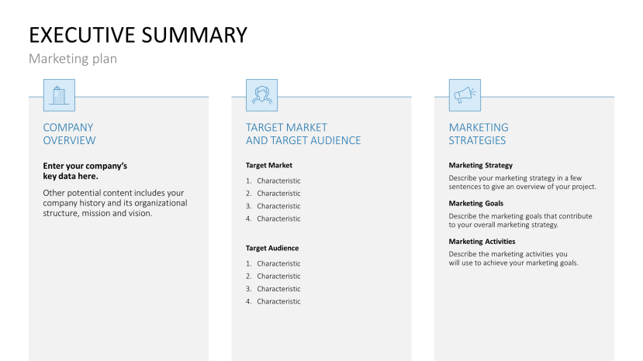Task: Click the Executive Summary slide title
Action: (138, 35)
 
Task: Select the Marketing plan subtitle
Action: (73, 59)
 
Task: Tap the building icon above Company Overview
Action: (59, 95)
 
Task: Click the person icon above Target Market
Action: (261, 95)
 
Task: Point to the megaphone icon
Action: (465, 95)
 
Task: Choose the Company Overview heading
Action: (69, 134)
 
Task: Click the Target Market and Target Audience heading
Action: (303, 134)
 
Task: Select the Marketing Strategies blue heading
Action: (479, 134)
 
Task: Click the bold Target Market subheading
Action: (269, 165)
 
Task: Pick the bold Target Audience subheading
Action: (272, 248)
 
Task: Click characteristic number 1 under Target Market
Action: (278, 181)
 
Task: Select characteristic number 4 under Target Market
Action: (278, 218)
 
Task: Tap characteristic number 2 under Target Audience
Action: (278, 277)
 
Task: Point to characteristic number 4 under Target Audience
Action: (278, 301)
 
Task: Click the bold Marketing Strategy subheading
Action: (480, 165)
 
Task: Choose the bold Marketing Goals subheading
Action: (475, 203)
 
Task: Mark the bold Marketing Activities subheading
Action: (482, 241)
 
